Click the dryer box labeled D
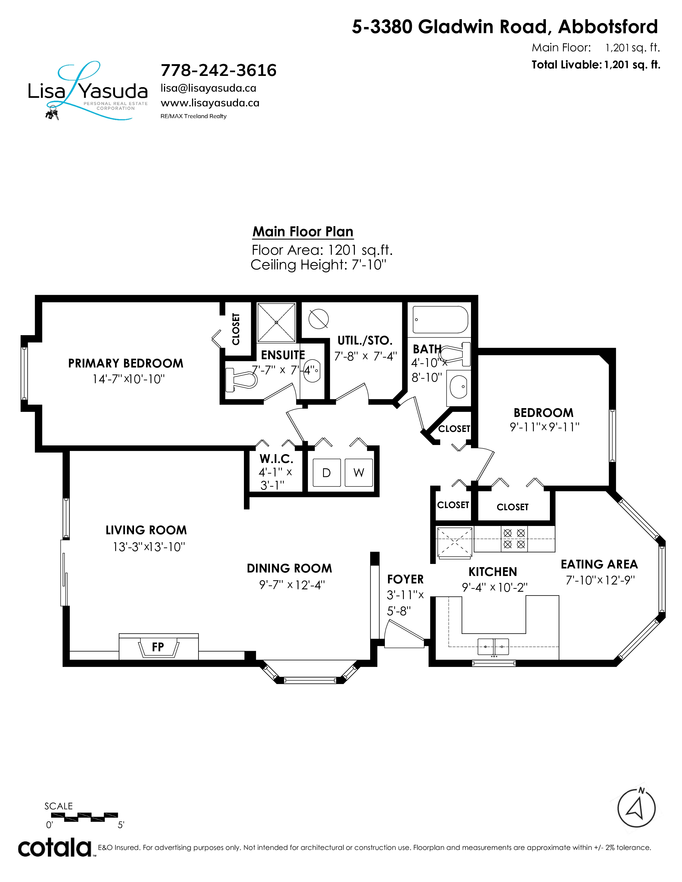[x=327, y=473]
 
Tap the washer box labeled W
[x=359, y=473]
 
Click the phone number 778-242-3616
[x=219, y=70]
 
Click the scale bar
[x=85, y=817]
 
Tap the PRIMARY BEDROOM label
[x=126, y=363]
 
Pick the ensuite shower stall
[x=276, y=322]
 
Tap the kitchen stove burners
[x=514, y=539]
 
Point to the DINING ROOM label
[x=289, y=568]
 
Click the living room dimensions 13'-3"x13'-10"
[x=149, y=547]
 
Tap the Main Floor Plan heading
[x=303, y=232]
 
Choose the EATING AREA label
[x=599, y=564]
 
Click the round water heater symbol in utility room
[x=318, y=319]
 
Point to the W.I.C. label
[x=276, y=459]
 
